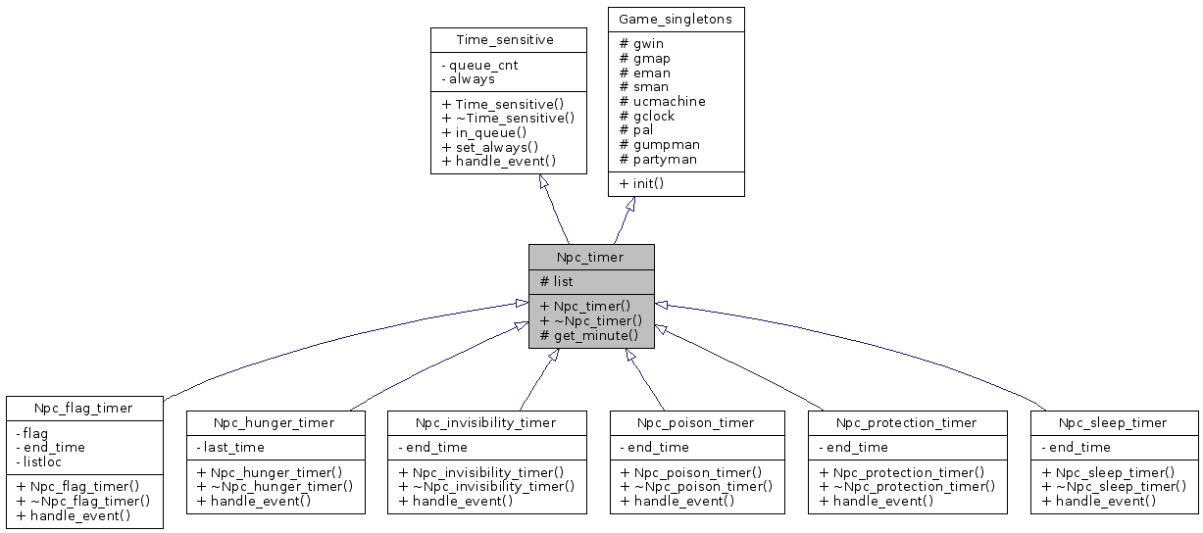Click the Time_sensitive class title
[505, 39]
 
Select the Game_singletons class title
[676, 19]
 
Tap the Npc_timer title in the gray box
[591, 257]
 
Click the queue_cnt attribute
[479, 65]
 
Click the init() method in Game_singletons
[653, 183]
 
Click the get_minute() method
[589, 335]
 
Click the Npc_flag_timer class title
[83, 408]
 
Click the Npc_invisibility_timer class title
[485, 422]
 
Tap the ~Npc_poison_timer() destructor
[696, 486]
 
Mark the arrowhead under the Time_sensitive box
[544, 181]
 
